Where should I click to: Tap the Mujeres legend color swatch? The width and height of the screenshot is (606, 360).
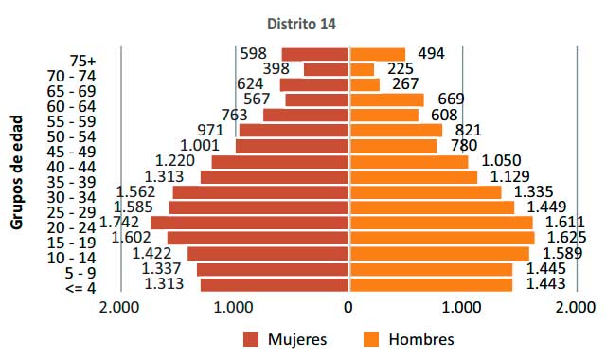pyautogui.click(x=252, y=339)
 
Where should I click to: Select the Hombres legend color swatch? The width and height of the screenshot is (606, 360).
pyautogui.click(x=372, y=339)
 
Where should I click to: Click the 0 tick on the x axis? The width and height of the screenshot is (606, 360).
pyautogui.click(x=349, y=307)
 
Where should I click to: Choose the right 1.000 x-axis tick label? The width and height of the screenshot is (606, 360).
pyautogui.click(x=463, y=307)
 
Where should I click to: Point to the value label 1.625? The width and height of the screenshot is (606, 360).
pyautogui.click(x=566, y=237)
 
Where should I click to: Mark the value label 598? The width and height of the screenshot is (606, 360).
pyautogui.click(x=253, y=53)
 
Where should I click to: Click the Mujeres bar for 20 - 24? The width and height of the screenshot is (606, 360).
pyautogui.click(x=250, y=223)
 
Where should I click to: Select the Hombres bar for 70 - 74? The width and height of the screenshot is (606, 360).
pyautogui.click(x=362, y=69)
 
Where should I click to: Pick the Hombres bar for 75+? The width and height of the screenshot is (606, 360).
pyautogui.click(x=377, y=54)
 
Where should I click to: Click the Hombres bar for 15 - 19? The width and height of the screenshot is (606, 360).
pyautogui.click(x=442, y=238)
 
